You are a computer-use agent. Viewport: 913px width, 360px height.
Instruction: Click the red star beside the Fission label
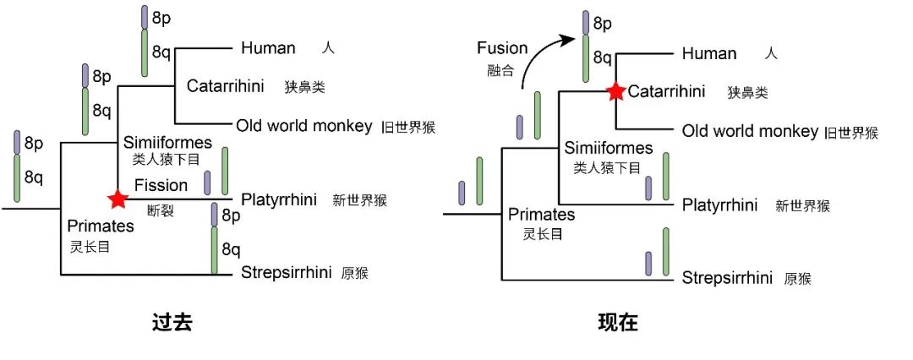coord(118,199)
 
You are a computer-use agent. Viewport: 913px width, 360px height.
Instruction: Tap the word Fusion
coord(502,47)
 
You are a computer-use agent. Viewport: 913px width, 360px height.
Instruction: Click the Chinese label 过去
coord(172,322)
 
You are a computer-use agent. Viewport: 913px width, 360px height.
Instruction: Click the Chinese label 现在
coord(618,322)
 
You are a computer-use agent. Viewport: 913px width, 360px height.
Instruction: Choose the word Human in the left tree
coord(268,48)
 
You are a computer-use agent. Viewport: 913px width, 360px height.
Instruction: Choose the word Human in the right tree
coord(709,53)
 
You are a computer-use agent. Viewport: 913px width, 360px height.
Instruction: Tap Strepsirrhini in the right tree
coord(727,278)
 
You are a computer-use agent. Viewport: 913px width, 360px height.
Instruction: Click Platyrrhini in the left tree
coord(279,199)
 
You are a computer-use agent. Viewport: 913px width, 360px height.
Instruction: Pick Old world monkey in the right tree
coord(750,131)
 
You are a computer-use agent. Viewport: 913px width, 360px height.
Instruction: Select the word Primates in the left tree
coord(101,226)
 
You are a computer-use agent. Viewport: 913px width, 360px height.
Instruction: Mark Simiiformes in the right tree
coord(607,148)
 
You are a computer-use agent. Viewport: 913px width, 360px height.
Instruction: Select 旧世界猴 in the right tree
coord(851,133)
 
